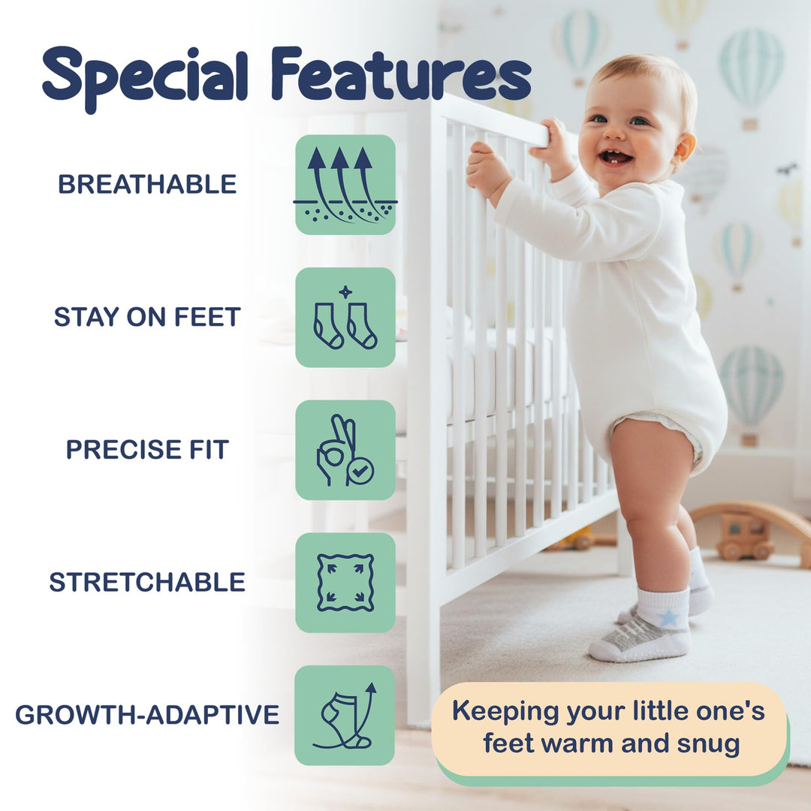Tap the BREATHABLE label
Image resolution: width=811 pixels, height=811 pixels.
[147, 184]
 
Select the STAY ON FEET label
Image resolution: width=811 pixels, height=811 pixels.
[147, 317]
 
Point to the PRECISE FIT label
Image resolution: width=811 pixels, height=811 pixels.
[147, 449]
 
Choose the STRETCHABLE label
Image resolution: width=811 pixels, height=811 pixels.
[147, 582]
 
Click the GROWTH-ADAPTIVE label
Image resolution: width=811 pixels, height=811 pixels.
[147, 715]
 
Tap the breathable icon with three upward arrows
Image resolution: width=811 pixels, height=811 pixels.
[345, 185]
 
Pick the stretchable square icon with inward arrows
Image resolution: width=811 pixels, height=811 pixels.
[345, 583]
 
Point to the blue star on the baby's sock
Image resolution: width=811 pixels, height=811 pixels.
[668, 617]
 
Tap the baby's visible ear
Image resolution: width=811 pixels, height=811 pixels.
[683, 146]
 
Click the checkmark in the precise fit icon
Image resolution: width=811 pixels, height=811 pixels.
[361, 472]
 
